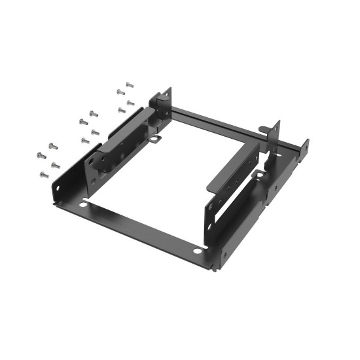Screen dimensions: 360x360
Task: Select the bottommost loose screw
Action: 44,175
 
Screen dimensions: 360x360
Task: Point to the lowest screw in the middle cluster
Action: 84,140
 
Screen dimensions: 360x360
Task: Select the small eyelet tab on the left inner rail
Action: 155,138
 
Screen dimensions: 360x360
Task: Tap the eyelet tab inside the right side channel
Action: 260,175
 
